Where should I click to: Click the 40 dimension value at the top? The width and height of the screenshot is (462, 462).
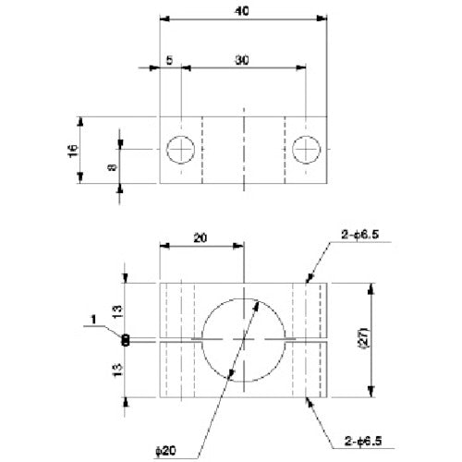pos(242,10)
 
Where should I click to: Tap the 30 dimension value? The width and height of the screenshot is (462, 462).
pos(241,59)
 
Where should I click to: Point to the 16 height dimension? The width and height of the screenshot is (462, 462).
pos(74,150)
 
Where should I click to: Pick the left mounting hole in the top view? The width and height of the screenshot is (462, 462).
pos(181,149)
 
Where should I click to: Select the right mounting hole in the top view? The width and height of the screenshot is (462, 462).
pos(306,149)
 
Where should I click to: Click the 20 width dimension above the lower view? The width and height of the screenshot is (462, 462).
pos(201,237)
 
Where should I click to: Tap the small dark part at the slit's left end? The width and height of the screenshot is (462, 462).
pos(126,340)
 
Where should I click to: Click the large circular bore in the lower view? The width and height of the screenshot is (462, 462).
pos(243,339)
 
